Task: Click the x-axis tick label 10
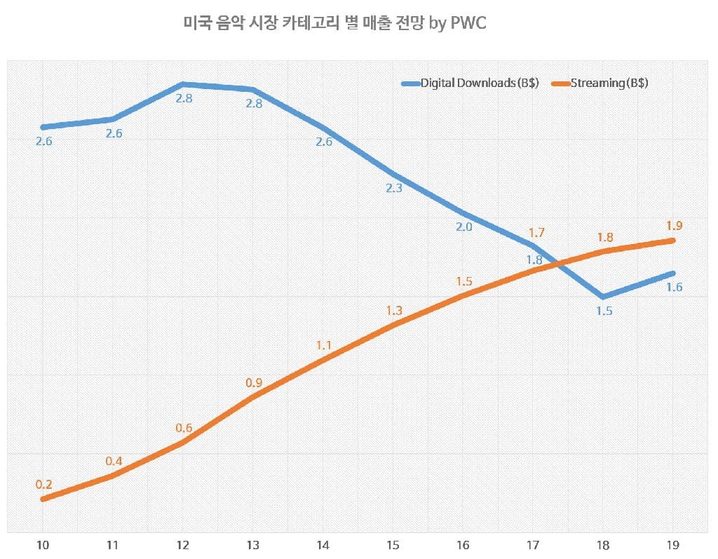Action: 43,545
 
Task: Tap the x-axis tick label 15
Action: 393,545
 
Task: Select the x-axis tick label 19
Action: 674,545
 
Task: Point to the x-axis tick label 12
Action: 183,545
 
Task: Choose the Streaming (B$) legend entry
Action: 609,83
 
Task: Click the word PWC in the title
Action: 469,23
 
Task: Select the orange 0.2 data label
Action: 44,484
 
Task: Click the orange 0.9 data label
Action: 254,383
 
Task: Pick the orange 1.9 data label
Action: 675,226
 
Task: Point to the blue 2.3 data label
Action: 393,188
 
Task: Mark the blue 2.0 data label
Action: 464,227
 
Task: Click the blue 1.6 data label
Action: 675,287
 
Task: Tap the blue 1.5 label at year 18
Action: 604,311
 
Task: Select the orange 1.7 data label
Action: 536,233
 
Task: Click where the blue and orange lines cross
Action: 560,264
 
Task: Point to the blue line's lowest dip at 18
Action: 604,297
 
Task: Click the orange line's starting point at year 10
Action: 43,499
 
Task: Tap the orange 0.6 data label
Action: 184,428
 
